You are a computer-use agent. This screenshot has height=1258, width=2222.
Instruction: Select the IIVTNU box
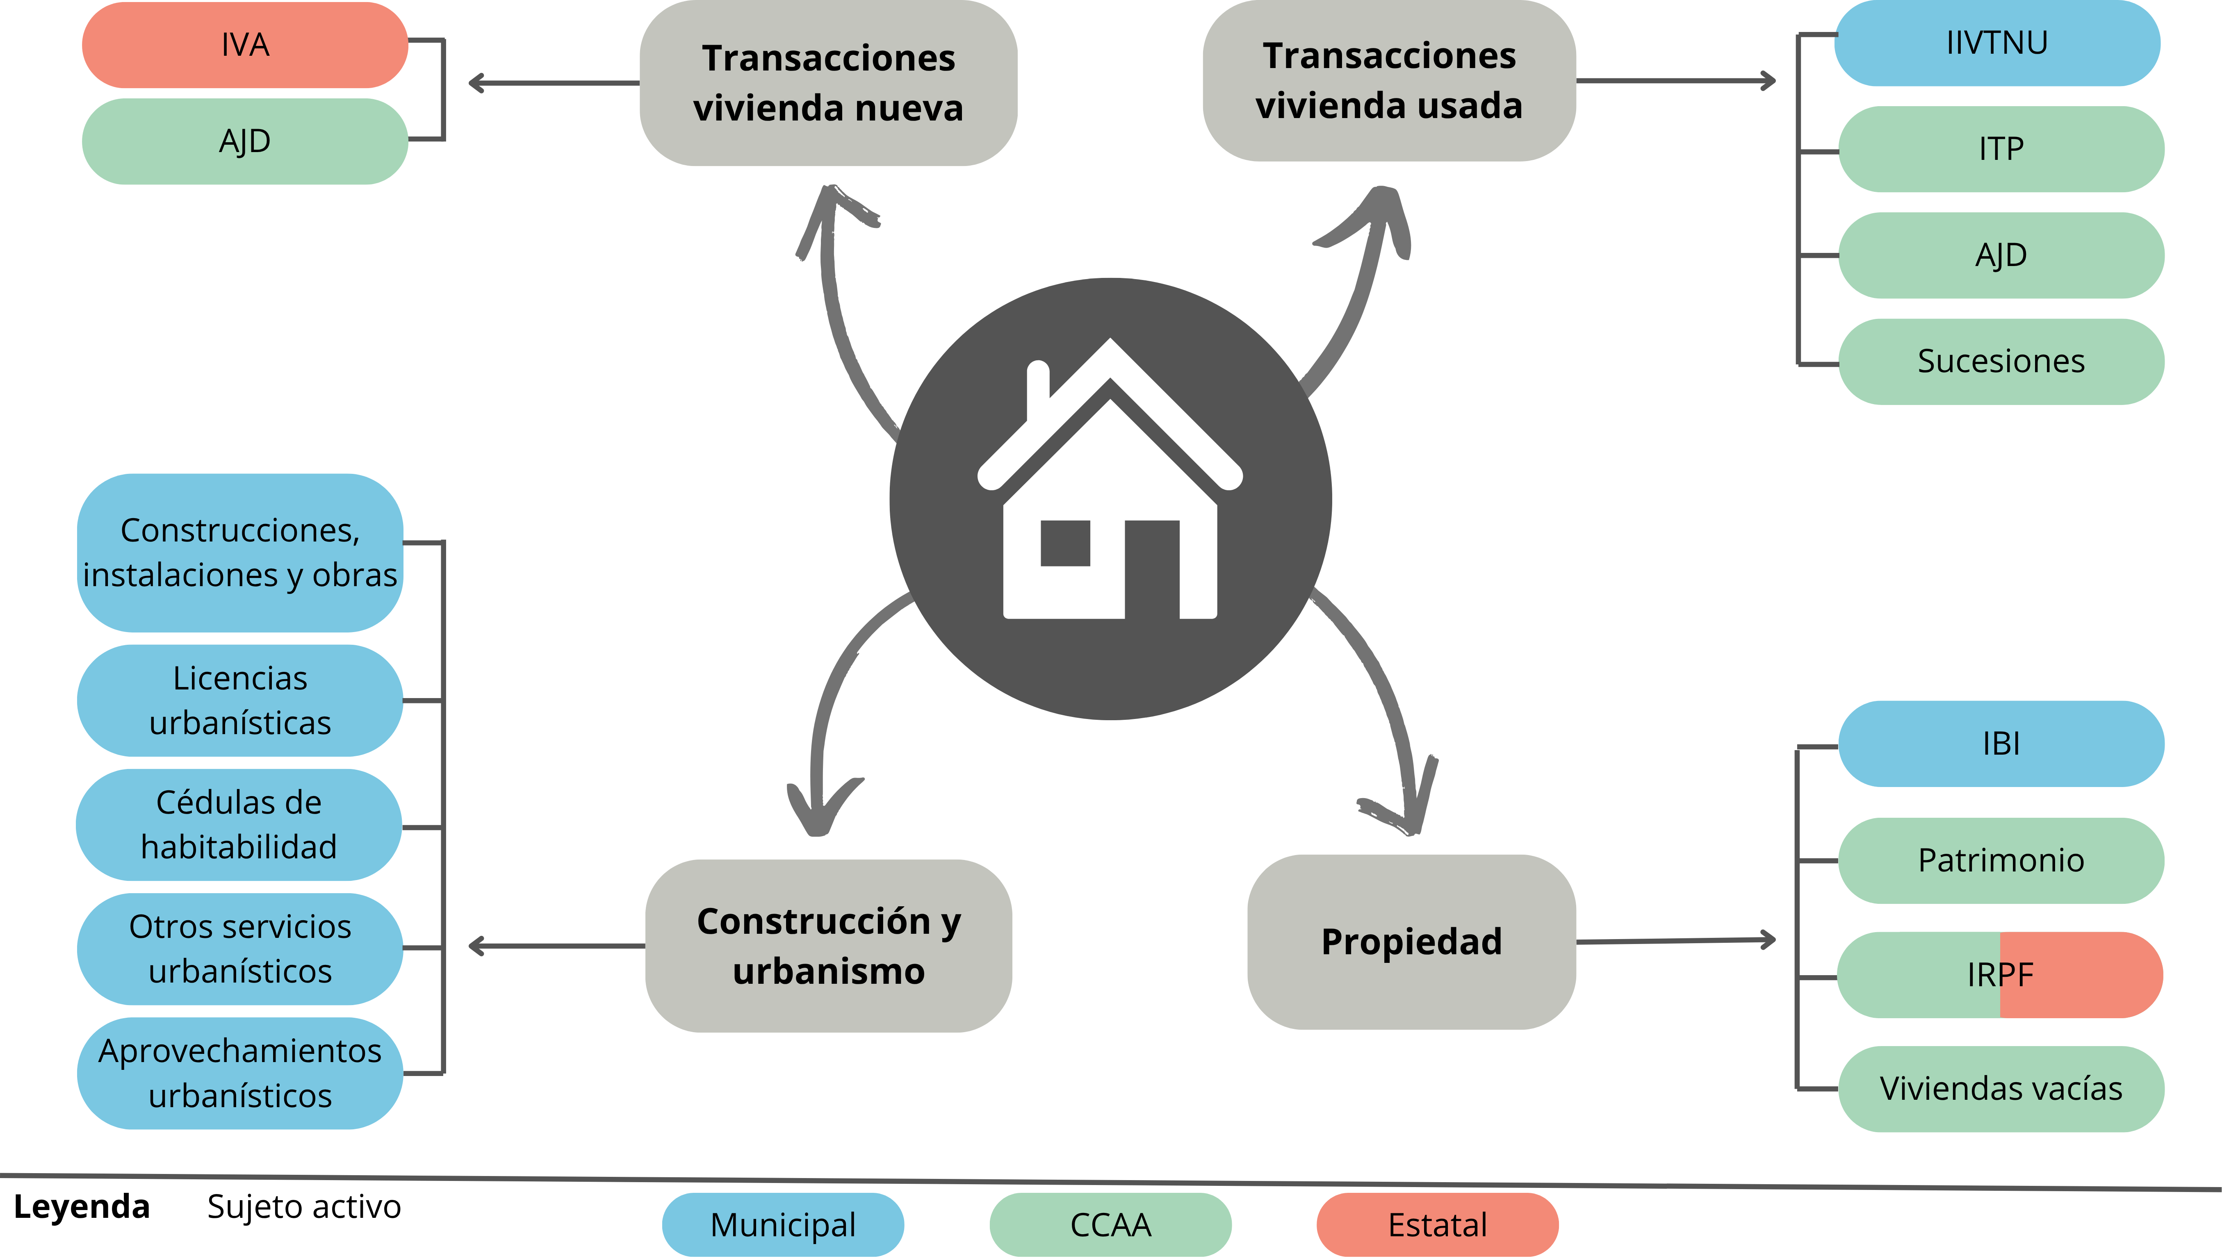[x=1996, y=43]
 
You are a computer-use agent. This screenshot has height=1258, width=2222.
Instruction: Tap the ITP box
[x=2001, y=149]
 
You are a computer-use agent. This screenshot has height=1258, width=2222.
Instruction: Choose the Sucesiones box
[x=2001, y=361]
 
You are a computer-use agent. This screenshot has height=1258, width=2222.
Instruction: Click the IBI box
[x=2001, y=744]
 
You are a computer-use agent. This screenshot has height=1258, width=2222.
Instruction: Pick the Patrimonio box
[x=2001, y=860]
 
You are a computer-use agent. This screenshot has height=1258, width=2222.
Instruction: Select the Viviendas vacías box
[x=2001, y=1089]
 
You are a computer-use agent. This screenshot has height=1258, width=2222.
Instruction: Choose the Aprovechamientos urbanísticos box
[x=240, y=1073]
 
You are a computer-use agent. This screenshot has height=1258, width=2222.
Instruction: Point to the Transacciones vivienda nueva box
[x=828, y=83]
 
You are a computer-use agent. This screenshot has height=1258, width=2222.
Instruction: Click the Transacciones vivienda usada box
[x=1389, y=80]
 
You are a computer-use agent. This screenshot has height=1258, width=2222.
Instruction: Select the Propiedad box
[x=1411, y=942]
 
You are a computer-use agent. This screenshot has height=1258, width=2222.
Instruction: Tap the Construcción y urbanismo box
[x=828, y=946]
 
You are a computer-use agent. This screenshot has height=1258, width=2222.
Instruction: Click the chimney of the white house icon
[x=1037, y=389]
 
